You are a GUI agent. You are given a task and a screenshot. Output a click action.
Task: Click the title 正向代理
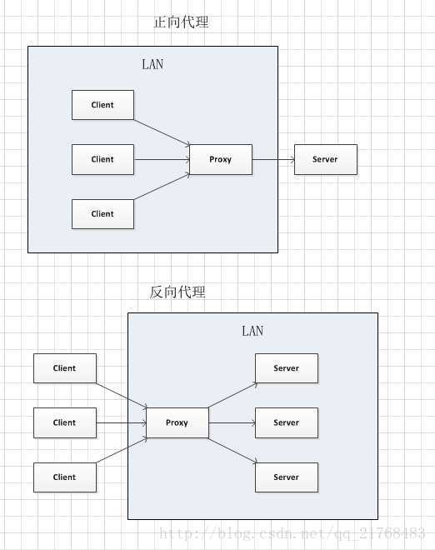tap(181, 22)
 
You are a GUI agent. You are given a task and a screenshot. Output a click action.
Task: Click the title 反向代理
tap(177, 292)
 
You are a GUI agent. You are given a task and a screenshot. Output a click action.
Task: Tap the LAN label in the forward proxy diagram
tap(152, 64)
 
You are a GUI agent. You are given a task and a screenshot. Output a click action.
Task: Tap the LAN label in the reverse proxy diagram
tap(252, 331)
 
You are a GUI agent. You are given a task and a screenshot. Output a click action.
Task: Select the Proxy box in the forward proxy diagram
tap(221, 159)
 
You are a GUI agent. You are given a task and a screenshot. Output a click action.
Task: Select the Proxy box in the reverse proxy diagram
tap(177, 422)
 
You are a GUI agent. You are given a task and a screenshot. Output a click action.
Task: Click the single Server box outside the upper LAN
tap(325, 159)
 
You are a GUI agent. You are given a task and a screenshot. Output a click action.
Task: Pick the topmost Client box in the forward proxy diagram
tap(102, 105)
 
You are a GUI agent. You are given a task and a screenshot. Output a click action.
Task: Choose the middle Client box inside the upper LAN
tap(102, 159)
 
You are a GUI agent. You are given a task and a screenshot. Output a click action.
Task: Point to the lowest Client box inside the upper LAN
tap(102, 213)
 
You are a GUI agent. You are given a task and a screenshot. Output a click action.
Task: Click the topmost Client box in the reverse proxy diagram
tap(64, 367)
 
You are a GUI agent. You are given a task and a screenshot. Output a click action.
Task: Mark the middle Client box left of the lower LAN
tap(64, 422)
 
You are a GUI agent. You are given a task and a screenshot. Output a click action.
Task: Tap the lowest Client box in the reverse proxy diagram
tap(64, 477)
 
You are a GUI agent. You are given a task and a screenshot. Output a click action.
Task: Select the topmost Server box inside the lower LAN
tap(286, 367)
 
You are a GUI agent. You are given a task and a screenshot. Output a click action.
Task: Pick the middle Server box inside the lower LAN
tap(286, 422)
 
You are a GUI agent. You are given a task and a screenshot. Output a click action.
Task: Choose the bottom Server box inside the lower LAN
tap(286, 477)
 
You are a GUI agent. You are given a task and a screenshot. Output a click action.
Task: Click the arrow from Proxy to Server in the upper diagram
tap(273, 159)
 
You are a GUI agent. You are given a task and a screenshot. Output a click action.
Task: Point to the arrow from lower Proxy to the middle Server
tap(232, 422)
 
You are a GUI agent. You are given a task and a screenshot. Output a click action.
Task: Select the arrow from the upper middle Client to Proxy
tap(162, 159)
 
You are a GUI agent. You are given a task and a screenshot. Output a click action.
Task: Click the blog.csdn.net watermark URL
tap(292, 533)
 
